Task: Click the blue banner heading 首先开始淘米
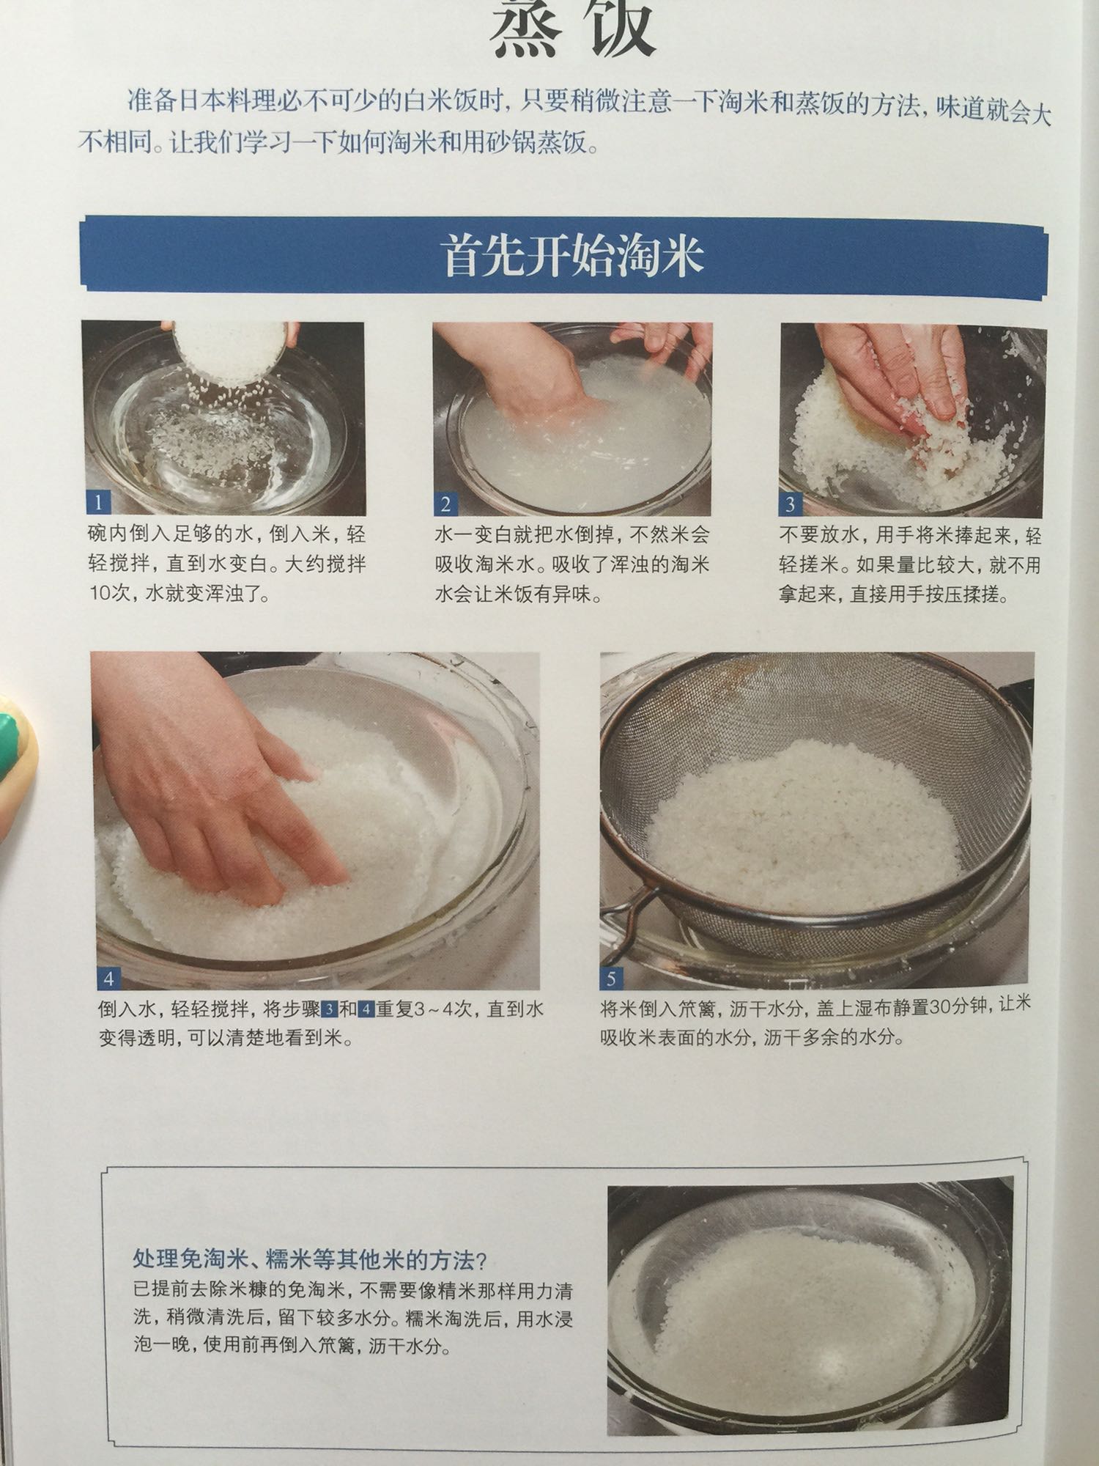coord(574,257)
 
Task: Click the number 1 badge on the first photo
coord(98,502)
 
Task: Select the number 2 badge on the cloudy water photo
coord(445,504)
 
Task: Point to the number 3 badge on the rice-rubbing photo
coord(791,504)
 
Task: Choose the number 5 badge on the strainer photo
coord(611,977)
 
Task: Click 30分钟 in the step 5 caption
coord(958,1006)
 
